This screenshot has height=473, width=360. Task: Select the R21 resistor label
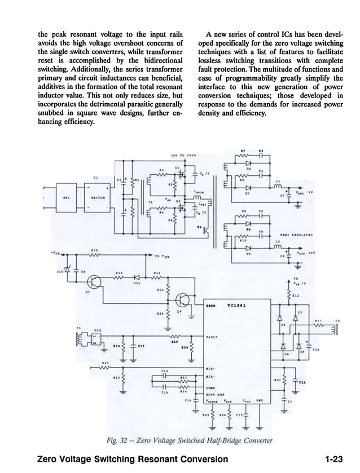tap(105, 363)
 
